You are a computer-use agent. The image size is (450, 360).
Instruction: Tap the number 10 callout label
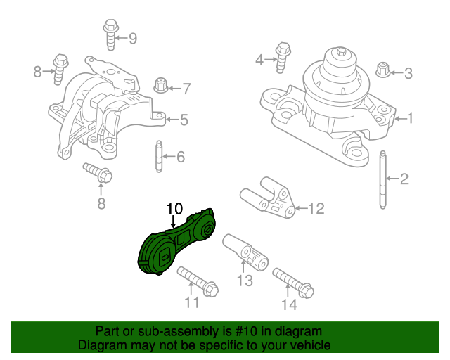coord(174,209)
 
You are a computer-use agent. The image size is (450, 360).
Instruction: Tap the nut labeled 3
coord(383,70)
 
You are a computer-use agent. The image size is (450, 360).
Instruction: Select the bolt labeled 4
coord(283,56)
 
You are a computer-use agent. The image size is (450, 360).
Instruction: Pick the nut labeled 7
coord(160,86)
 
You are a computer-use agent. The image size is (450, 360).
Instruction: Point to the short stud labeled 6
coord(158,155)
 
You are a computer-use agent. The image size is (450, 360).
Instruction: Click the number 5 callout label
coord(184,120)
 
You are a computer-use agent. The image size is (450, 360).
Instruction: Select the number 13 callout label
coord(243,282)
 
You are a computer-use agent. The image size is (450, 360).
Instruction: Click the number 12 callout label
coord(316,208)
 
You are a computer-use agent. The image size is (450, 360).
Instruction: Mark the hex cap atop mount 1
coord(340,53)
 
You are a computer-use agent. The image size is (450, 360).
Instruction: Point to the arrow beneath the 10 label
coord(174,221)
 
